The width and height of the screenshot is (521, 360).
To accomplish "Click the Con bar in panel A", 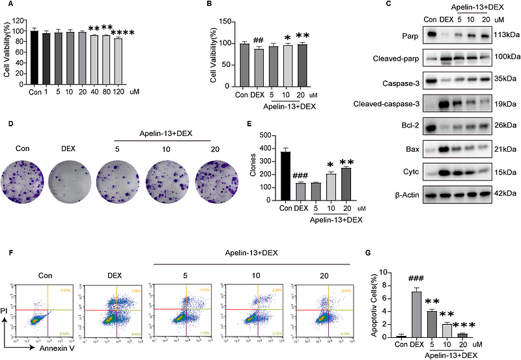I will [x=35, y=59].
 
